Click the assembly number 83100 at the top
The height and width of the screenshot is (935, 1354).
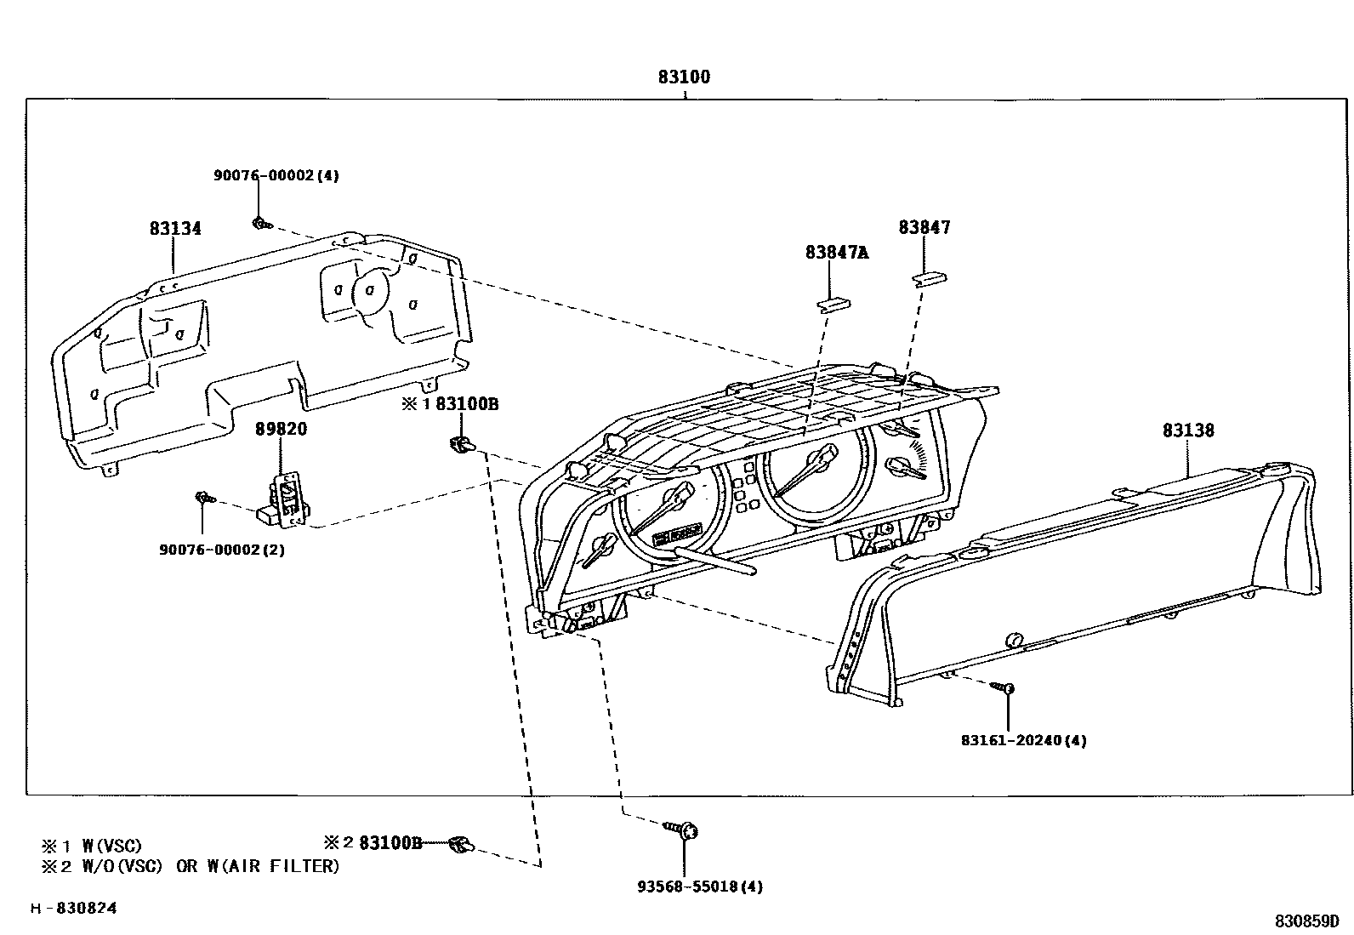[685, 77]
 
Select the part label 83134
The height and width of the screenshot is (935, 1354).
[175, 228]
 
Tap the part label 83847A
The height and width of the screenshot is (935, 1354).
[837, 252]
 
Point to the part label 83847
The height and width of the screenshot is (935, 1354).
[924, 227]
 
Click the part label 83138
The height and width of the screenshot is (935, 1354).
[1188, 430]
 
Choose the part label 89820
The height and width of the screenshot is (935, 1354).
[281, 429]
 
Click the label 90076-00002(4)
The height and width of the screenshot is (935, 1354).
[276, 175]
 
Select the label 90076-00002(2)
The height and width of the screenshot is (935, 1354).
[222, 550]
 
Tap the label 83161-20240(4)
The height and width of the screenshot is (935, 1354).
[1024, 740]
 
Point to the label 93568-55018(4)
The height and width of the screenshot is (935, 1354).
[700, 887]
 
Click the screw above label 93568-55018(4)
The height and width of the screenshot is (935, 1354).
[681, 830]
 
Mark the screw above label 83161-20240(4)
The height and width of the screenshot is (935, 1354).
[1003, 687]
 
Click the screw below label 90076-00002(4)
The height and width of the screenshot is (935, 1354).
[262, 225]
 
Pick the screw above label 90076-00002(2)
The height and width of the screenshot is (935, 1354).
[206, 499]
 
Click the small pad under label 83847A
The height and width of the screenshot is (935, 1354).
[834, 305]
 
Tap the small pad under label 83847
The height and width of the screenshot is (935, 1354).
[930, 279]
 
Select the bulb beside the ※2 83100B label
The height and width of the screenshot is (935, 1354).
[462, 844]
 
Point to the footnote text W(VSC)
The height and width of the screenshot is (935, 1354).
[111, 845]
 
